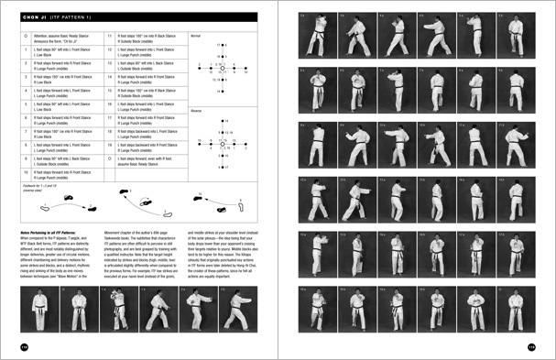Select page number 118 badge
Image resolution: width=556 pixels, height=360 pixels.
(x=24, y=345)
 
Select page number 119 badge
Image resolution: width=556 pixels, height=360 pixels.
(x=531, y=345)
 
